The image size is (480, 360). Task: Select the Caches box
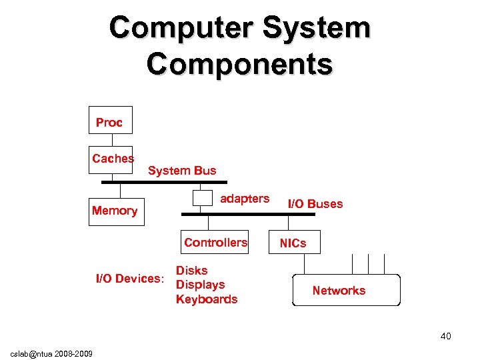click(x=111, y=159)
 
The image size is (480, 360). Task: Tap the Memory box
click(x=116, y=211)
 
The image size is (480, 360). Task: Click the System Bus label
click(x=182, y=171)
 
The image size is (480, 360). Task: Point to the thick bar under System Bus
click(x=164, y=182)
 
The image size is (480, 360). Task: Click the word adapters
click(x=245, y=199)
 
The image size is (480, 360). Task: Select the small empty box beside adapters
click(x=201, y=198)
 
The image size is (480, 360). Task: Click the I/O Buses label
click(x=315, y=204)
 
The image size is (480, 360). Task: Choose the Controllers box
click(x=215, y=243)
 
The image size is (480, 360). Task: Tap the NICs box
click(x=293, y=243)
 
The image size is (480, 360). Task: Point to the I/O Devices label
click(x=129, y=279)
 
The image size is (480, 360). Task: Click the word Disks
click(x=191, y=271)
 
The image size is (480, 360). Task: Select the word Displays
click(x=200, y=285)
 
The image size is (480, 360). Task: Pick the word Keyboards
click(x=206, y=299)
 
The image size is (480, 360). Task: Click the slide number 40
click(x=445, y=336)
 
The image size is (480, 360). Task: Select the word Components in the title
click(x=239, y=65)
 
